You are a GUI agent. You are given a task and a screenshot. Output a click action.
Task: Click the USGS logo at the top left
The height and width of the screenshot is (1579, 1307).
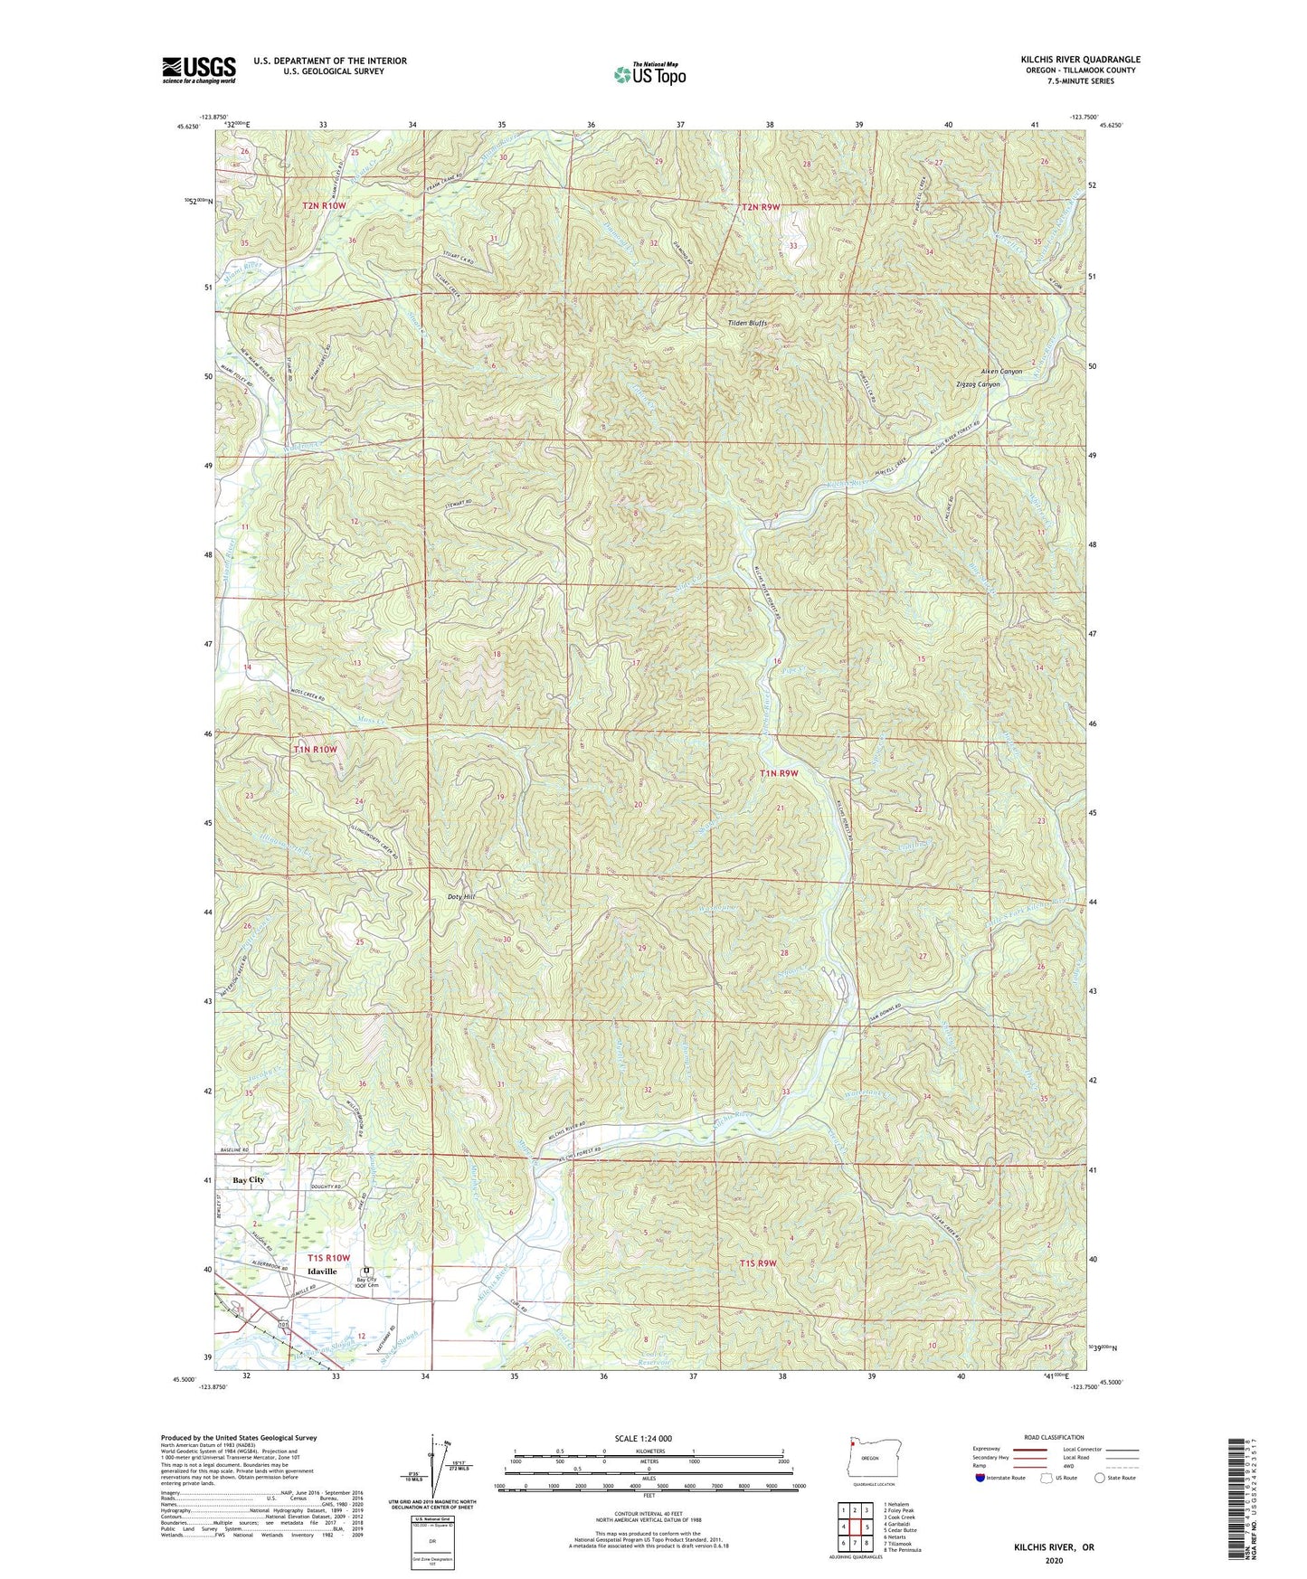pos(199,69)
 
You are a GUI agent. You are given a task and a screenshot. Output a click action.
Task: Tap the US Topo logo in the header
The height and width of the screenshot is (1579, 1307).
pos(649,75)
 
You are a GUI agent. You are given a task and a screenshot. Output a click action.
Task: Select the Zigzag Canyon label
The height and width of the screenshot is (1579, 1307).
pos(978,384)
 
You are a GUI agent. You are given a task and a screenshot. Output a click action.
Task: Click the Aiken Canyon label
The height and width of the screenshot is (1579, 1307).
pos(1001,372)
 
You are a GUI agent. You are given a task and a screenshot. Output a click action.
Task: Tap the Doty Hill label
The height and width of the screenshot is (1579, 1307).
pos(461,896)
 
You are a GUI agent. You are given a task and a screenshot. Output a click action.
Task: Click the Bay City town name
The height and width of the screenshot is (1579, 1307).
pos(248,1180)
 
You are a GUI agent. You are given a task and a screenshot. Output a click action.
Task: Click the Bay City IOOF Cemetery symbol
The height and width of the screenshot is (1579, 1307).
pos(366,1270)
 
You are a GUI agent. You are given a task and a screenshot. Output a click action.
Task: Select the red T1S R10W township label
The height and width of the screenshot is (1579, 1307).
pos(327,1258)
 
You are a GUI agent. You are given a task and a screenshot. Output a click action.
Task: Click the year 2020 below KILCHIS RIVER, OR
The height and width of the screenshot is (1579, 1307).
pos(1054,1560)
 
